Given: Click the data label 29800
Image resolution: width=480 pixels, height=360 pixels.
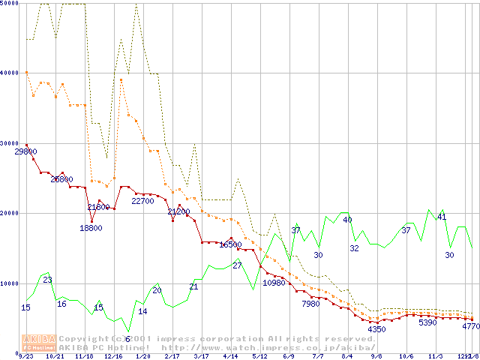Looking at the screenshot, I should click(25, 151).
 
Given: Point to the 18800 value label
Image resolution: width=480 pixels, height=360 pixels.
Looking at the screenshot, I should click(91, 228).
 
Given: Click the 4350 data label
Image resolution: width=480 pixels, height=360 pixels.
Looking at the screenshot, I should click(376, 329).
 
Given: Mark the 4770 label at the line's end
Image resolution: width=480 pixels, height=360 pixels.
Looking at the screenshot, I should click(471, 327).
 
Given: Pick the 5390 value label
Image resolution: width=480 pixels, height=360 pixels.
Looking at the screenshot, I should click(427, 322).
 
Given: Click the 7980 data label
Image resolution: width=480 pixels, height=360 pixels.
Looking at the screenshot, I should click(310, 304).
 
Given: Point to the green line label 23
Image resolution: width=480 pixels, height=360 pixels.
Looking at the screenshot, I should click(47, 280).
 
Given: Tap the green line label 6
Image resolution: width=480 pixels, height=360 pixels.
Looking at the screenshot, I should click(127, 339).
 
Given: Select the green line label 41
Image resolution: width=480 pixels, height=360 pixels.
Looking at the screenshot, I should click(442, 217).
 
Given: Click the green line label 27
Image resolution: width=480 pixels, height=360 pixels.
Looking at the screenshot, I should click(236, 265).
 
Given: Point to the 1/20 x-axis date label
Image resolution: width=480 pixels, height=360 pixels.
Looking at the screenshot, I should click(142, 356).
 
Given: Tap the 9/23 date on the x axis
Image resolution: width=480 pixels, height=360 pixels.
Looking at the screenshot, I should click(25, 356).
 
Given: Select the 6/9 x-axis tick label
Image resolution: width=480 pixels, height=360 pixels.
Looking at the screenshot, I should click(289, 356).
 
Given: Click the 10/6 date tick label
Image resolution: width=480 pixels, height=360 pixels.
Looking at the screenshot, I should click(406, 356).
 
